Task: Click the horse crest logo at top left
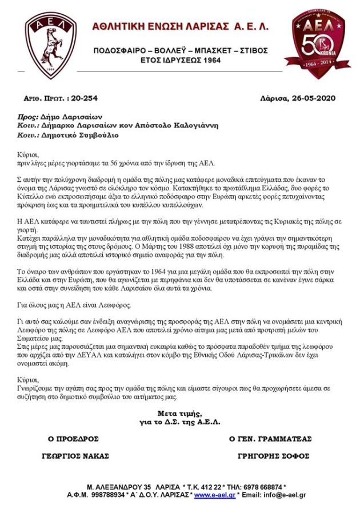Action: [x=51, y=45]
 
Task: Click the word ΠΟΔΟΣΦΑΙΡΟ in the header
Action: [x=119, y=50]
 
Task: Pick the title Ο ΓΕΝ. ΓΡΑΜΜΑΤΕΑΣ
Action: [x=270, y=439]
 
